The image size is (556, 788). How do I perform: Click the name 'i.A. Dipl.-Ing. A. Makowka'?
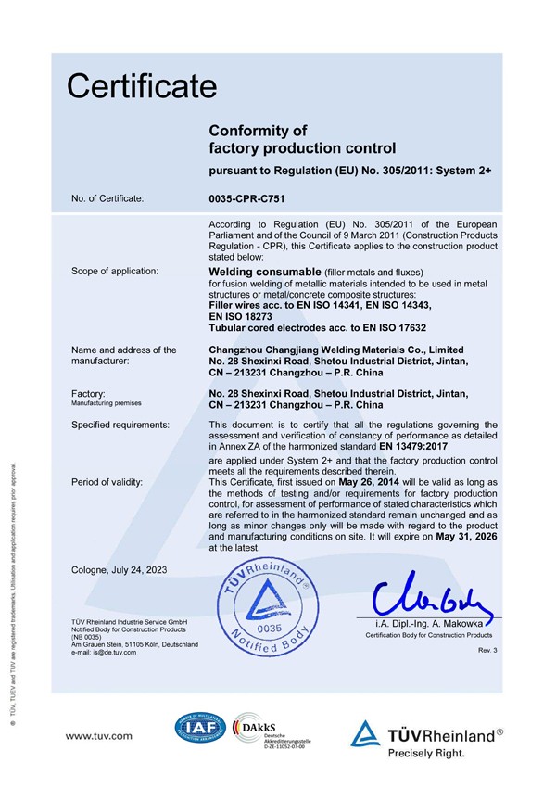(429, 625)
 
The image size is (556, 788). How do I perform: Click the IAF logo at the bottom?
(200, 731)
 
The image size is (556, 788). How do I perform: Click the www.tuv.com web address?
(98, 735)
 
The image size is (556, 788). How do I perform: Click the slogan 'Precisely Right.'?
(426, 754)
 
